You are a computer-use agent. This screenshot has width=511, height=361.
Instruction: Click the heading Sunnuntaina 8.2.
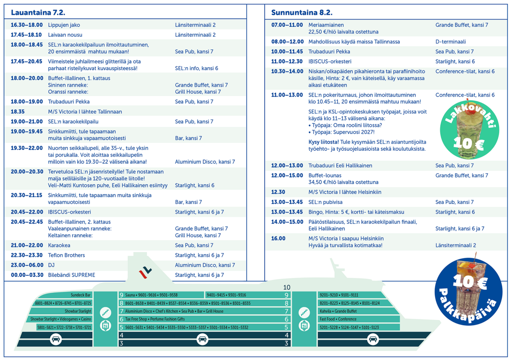pos(301,12)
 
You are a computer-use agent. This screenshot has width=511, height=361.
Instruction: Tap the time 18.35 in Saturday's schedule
pos(18,112)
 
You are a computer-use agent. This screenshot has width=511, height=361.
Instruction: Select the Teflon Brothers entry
pos(66,255)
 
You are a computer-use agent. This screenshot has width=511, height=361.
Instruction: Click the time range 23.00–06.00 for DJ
pos(26,265)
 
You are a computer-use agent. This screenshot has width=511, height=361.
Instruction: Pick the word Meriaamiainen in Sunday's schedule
pos(326,25)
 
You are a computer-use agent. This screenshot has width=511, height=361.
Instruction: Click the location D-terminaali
pos(450,42)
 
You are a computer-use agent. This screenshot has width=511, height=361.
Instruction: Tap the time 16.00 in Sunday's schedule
pos(278,239)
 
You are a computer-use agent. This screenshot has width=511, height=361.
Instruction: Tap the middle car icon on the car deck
pos(203,339)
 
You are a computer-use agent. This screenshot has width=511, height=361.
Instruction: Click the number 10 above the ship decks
pos(287,288)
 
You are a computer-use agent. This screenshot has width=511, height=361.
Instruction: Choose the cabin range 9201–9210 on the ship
pos(329,295)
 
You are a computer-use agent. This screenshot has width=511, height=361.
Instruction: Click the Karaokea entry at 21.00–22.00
pos(59,245)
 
